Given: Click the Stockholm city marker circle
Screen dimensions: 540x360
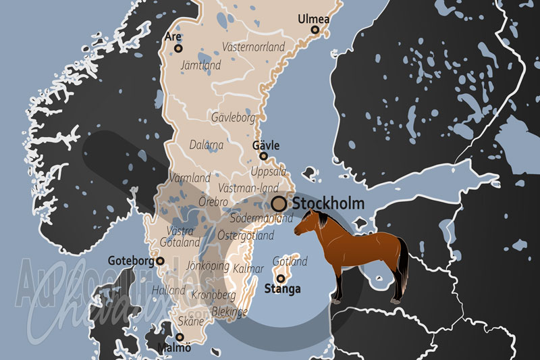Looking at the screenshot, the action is click(279, 203).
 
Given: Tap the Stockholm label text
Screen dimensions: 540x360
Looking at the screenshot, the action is click(328, 203).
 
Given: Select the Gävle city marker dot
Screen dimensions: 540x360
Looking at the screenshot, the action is click(264, 156).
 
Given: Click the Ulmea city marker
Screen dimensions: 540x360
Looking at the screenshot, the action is click(315, 30).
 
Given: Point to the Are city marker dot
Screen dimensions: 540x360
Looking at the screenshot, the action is click(178, 48).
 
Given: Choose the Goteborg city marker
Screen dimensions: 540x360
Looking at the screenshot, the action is click(160, 261).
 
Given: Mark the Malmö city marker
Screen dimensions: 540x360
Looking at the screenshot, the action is click(180, 337).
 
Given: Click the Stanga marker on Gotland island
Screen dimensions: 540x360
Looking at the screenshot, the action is click(280, 278).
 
